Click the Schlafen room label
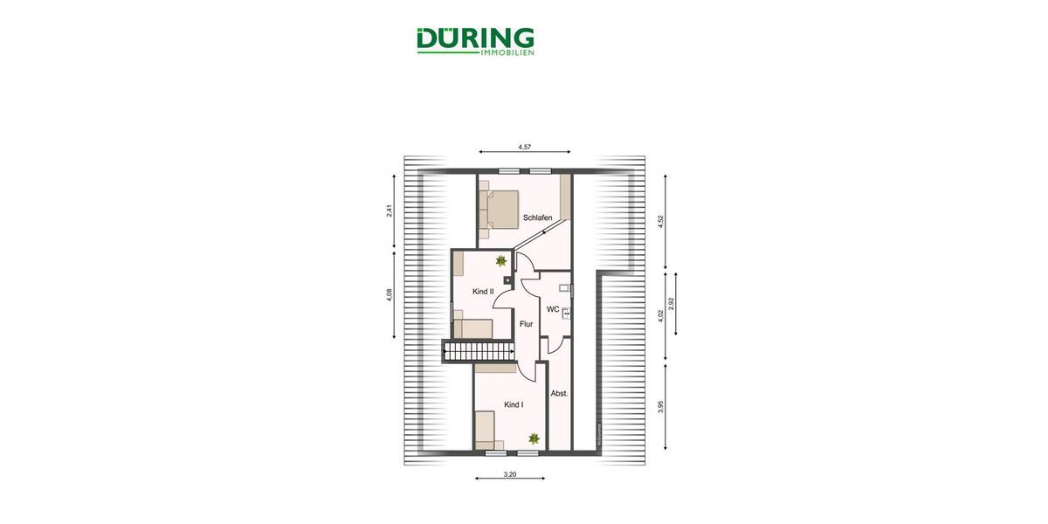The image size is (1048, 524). pos(538,217)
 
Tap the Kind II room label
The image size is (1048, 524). pos(483,291)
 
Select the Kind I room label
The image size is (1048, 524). pos(514,404)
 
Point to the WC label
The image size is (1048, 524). pos(552,309)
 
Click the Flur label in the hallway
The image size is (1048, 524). pos(526,324)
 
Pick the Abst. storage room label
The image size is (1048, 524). pos(559,394)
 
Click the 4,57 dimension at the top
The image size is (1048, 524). pos(524,148)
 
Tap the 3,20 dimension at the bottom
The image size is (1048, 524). pos(511,475)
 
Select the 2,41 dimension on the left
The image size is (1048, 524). pos(390,212)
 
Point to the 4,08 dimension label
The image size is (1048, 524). pos(390,297)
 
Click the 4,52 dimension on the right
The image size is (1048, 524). pos(661,222)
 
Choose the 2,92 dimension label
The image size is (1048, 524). pos(671,305)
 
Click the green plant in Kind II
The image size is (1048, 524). pos(500,260)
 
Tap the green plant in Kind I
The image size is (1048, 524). pos(533,438)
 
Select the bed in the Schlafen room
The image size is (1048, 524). pos(496,210)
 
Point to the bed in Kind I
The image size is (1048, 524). pos(486,431)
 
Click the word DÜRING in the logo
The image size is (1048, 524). pos(475,38)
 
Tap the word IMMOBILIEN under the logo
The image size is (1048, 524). pos(507,53)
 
